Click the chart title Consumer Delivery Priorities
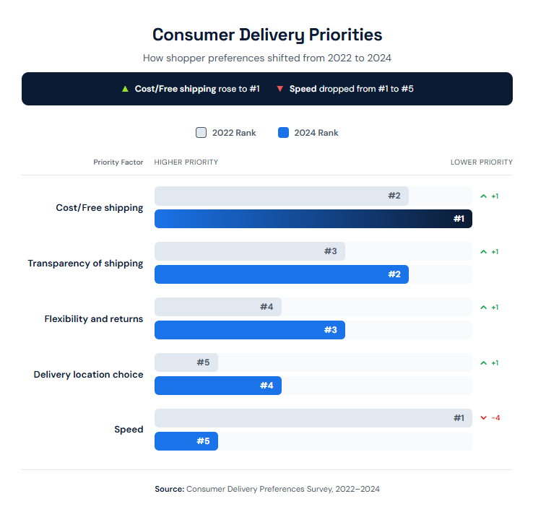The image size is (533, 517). point(266,35)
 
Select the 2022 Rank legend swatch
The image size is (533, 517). point(201,133)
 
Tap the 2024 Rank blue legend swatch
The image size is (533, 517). point(283,133)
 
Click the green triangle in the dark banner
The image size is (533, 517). point(125,89)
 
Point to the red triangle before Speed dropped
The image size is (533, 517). point(279,89)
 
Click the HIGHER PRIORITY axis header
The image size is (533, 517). point(186,162)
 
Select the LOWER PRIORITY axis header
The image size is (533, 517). point(481,162)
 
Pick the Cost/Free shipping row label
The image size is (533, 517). point(100,208)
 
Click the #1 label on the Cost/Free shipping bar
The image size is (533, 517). point(459,219)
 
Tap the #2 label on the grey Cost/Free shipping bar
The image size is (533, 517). point(394,196)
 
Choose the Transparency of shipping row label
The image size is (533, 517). point(85,264)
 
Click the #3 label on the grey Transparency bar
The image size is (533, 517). point(330,251)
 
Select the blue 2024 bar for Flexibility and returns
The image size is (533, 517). point(249,330)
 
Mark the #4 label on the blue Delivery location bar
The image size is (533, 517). point(266,386)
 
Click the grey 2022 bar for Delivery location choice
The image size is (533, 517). point(186,362)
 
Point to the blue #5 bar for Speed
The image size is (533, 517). point(186,441)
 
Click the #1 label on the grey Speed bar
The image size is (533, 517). point(459,418)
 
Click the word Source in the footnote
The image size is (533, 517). point(169,489)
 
